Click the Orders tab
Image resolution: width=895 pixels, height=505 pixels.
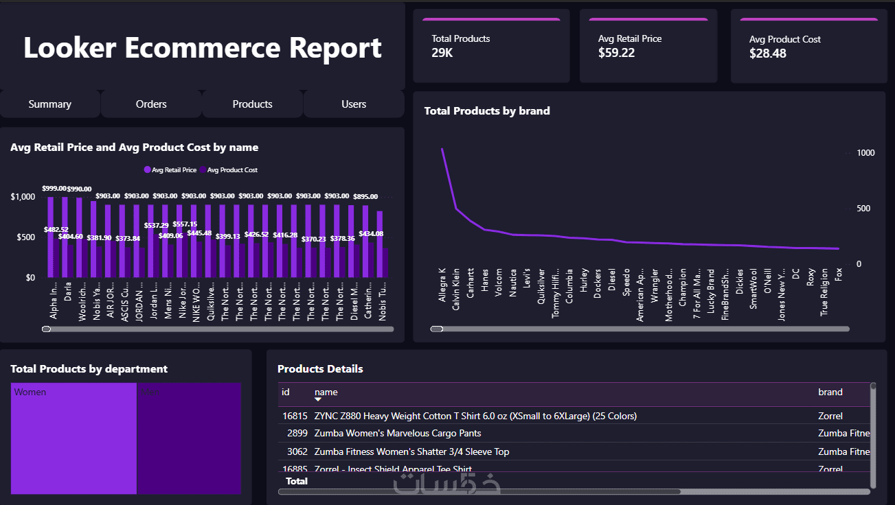[151, 104]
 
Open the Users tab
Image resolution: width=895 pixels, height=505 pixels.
[354, 104]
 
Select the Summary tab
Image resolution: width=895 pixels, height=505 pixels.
[49, 104]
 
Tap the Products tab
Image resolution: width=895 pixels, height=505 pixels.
[252, 104]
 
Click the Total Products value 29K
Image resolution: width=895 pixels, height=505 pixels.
[442, 53]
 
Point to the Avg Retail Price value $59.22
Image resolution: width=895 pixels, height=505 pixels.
[616, 53]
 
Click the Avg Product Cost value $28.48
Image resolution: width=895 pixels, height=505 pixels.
[767, 53]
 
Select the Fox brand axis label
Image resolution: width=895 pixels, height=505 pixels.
[838, 274]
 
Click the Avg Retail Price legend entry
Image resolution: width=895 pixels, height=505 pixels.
[170, 170]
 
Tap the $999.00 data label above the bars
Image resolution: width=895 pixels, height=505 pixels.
[54, 188]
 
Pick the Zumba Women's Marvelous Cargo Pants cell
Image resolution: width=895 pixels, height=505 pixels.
[397, 434]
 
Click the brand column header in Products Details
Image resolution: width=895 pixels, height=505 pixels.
[830, 392]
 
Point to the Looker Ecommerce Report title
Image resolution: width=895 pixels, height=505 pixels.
[202, 49]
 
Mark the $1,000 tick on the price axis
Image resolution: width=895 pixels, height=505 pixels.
[22, 198]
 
